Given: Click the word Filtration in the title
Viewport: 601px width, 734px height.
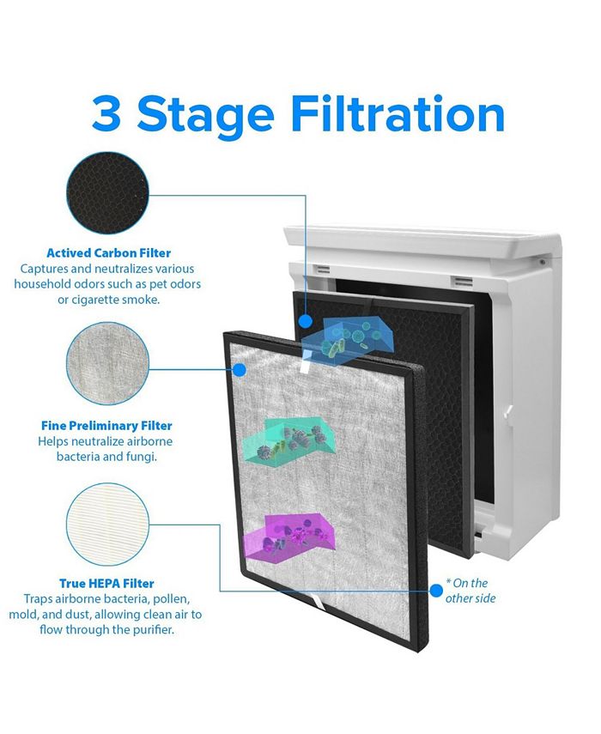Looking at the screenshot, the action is tap(398, 114).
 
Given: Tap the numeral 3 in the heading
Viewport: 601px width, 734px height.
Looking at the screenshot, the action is tap(106, 114).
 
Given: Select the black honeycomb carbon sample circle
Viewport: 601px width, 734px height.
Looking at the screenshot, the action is tap(107, 193).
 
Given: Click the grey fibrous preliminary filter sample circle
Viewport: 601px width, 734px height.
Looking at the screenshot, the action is tap(107, 364).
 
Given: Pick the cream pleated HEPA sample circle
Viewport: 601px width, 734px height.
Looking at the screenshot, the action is tap(107, 525).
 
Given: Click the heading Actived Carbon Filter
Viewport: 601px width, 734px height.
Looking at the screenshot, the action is tap(108, 252).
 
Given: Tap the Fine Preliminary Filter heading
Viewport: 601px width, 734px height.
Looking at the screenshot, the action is tap(106, 426).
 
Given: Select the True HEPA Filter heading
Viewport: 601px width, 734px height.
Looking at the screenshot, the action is tap(106, 583).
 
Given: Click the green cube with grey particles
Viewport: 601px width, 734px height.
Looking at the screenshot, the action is tap(289, 440).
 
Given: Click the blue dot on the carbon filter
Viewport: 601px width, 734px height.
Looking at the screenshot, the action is tap(306, 321).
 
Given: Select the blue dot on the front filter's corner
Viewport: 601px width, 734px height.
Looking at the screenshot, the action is tap(240, 370).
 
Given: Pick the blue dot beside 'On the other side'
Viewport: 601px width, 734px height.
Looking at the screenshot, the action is tap(437, 591).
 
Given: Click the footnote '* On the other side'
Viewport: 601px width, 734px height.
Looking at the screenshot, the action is tap(470, 591).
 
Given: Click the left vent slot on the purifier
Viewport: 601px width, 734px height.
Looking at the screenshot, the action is tap(322, 270).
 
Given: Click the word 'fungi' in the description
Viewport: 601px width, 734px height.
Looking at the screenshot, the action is tap(141, 457).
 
